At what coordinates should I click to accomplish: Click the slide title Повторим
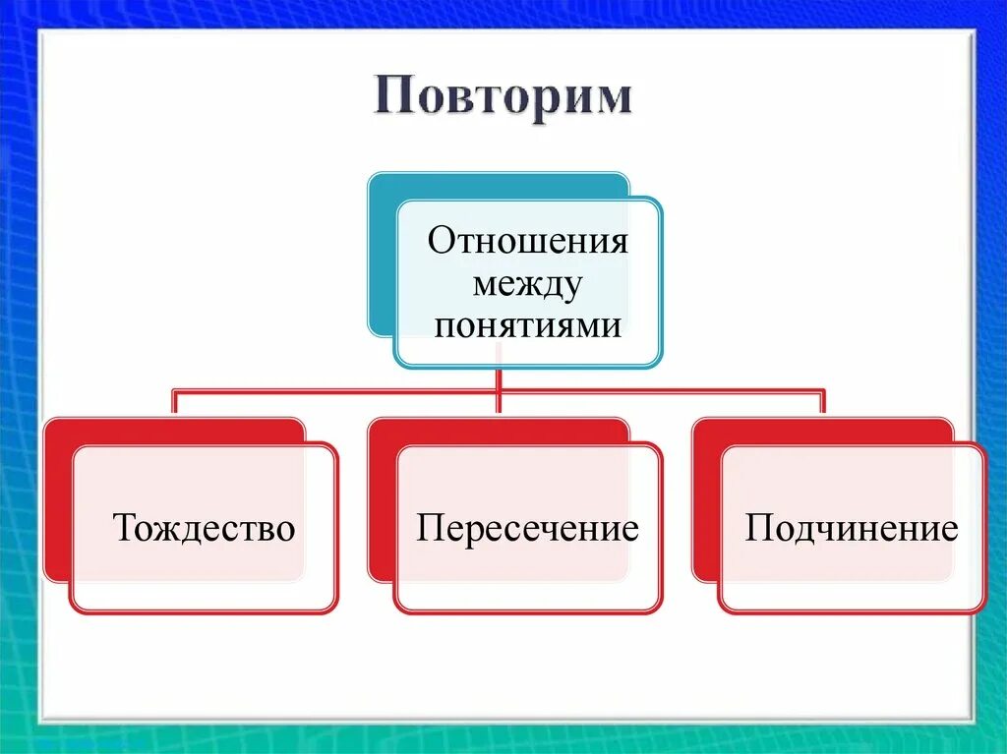(x=503, y=99)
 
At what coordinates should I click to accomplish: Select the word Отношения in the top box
(x=527, y=242)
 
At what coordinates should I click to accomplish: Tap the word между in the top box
(x=527, y=284)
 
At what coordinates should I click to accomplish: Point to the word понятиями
(x=527, y=324)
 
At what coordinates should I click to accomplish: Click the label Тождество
(x=205, y=529)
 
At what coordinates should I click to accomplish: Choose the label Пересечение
(x=527, y=529)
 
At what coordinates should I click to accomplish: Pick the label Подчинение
(x=852, y=529)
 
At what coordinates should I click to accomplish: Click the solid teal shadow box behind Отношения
(x=382, y=256)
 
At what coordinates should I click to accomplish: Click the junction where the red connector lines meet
(x=500, y=390)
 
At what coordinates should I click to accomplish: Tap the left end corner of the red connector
(x=175, y=391)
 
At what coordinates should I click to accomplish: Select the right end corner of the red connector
(x=823, y=391)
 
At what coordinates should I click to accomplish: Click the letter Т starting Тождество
(x=124, y=529)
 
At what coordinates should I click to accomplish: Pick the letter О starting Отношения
(x=440, y=242)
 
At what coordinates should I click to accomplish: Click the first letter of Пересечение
(x=428, y=529)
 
